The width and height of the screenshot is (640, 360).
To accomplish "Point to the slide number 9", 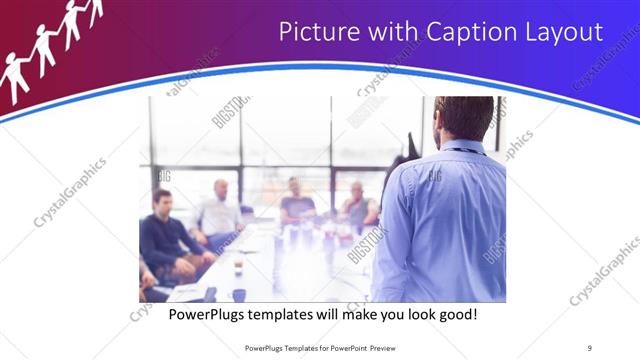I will point(589,348).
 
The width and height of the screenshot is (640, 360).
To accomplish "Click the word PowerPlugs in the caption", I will point(208,315).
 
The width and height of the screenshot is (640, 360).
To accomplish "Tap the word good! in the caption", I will point(457,315).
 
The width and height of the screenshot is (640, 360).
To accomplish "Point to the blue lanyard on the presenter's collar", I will point(463,151).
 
